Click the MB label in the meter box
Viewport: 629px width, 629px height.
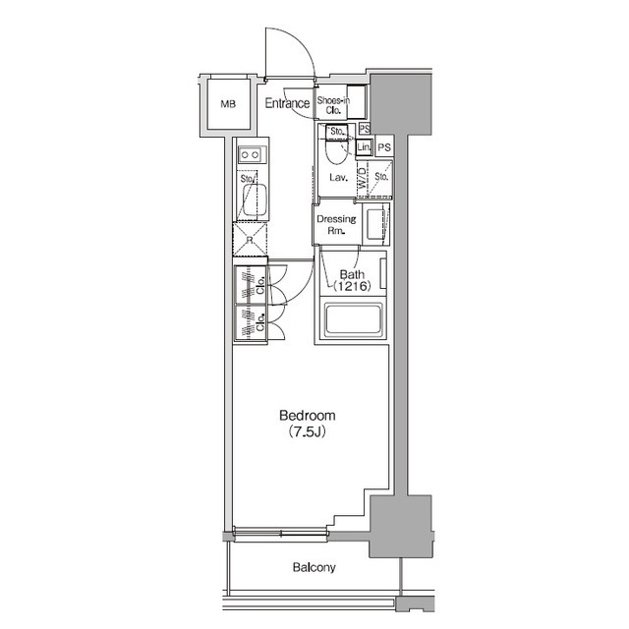tap(228, 103)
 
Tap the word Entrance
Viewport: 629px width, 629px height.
tap(287, 102)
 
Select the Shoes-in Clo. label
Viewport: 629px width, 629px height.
tap(333, 104)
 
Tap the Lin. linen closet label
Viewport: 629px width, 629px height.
tap(364, 147)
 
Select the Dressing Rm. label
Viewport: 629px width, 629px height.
tap(335, 225)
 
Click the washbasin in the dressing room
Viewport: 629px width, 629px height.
tap(376, 225)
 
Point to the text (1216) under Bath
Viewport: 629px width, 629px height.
tap(351, 286)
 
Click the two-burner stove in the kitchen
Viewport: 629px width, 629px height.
tap(249, 154)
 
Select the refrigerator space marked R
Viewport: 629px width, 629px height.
tap(249, 240)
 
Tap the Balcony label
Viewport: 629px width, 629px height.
tap(314, 567)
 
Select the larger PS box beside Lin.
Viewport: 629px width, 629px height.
tap(384, 147)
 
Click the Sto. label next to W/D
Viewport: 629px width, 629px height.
tap(381, 179)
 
